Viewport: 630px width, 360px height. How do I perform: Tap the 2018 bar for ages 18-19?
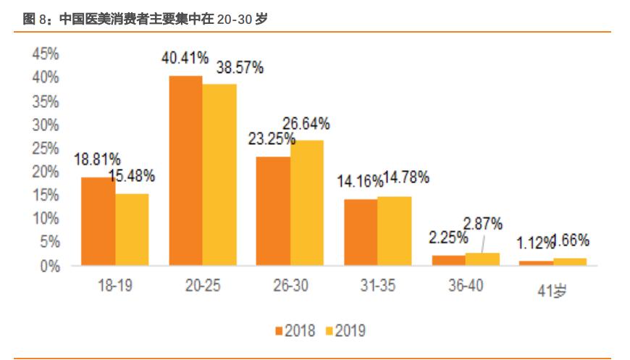[x=98, y=221]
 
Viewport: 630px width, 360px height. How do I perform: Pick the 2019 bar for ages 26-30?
[x=307, y=203]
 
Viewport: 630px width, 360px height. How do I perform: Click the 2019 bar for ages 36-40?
[x=483, y=259]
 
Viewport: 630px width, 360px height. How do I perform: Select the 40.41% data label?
[x=185, y=58]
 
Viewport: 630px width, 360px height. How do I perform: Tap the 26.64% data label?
[x=306, y=124]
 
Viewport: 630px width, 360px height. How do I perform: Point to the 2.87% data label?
[x=483, y=224]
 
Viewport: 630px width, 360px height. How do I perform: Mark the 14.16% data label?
[x=359, y=182]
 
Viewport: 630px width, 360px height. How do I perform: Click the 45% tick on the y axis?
[x=45, y=54]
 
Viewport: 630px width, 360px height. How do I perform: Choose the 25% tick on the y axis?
[x=45, y=148]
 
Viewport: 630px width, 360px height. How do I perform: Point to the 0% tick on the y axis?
[x=49, y=266]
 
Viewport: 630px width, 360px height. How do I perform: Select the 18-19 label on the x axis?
[x=114, y=286]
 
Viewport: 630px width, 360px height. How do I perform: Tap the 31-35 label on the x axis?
[x=377, y=286]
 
